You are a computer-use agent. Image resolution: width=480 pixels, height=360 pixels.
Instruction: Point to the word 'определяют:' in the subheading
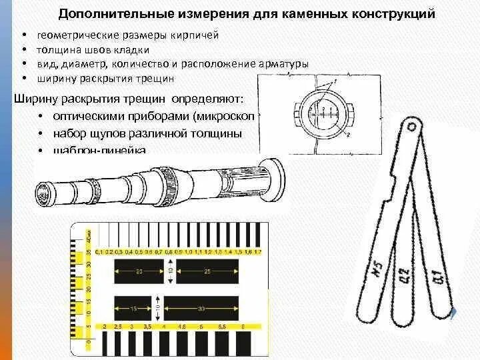207,99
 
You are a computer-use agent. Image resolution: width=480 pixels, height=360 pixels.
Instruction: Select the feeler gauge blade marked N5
377,273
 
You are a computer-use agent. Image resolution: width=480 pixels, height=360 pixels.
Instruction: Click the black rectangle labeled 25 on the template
207,272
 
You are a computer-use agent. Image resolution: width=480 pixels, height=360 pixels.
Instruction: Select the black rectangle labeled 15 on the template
133,309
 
